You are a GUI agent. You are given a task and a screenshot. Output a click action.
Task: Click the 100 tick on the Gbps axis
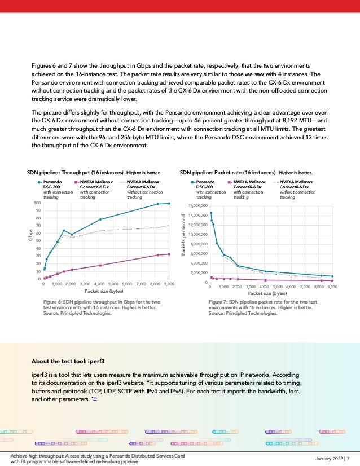(x=37, y=203)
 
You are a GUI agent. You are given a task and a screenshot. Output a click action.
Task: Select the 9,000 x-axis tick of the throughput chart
(x=169, y=284)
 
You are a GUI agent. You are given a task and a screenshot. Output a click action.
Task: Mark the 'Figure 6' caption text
(x=102, y=308)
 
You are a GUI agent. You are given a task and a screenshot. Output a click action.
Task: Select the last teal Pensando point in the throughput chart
(x=169, y=204)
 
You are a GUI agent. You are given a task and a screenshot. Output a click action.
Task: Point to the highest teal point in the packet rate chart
(x=210, y=213)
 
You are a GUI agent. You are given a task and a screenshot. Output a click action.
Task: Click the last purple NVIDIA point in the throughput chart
(x=169, y=254)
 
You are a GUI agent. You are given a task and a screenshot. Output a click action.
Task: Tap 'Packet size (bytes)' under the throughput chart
(x=103, y=291)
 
